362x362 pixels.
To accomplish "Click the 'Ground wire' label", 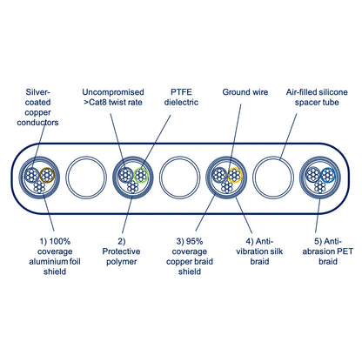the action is [x=245, y=92].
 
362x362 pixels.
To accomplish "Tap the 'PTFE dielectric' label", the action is [x=181, y=97].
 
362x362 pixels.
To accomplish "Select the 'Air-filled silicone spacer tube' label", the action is [x=317, y=97].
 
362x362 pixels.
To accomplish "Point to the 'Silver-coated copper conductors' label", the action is [x=37, y=107].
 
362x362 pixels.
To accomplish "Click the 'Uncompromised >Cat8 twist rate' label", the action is [x=113, y=97].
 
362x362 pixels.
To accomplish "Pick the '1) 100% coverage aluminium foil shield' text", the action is [x=55, y=257].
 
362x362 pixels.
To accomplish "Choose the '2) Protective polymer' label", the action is [x=121, y=251].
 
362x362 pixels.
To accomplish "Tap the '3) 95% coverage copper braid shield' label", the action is [x=190, y=257].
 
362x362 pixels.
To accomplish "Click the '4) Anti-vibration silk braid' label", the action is [x=259, y=251].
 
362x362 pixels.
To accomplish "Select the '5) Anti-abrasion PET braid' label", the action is [x=328, y=251].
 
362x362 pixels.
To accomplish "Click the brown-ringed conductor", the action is [x=47, y=175].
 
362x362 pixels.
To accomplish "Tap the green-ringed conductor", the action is [x=141, y=175].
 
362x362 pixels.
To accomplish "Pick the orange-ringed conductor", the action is [x=235, y=175].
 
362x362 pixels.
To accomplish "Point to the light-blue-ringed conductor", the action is [x=328, y=175].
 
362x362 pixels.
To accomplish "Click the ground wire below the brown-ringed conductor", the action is [x=39, y=186].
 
